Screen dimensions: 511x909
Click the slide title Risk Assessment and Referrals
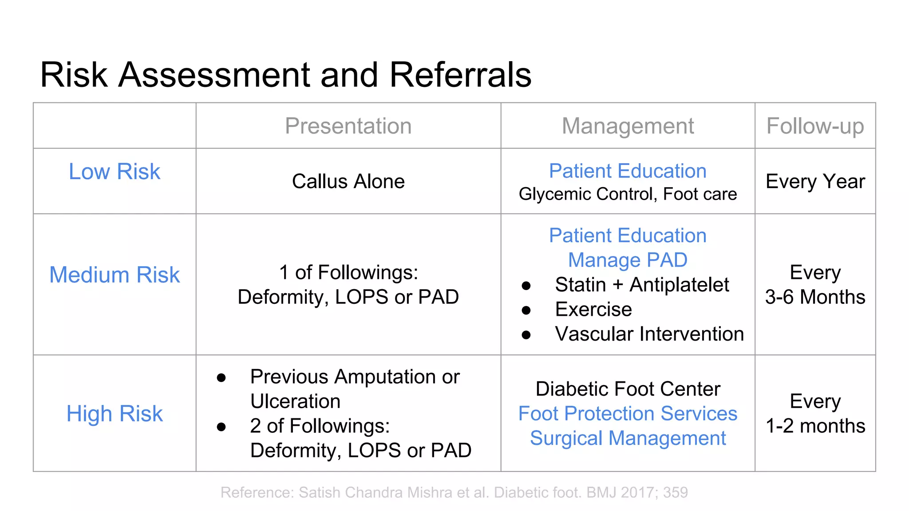285,75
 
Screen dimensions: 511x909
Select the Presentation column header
348,126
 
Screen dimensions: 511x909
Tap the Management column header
628,126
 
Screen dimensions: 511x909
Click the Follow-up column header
815,126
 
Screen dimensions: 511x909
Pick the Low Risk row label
115,172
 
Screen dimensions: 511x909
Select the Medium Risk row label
115,275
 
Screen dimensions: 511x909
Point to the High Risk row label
115,414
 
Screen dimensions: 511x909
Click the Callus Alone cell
348,181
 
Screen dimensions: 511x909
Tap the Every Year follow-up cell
815,181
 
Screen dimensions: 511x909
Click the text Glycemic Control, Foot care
628,194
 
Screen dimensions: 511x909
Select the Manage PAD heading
628,260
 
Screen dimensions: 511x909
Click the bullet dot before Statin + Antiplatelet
526,286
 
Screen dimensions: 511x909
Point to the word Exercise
593,309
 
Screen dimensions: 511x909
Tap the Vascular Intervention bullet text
649,334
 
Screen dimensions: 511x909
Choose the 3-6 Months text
815,297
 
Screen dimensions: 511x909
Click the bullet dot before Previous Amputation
221,378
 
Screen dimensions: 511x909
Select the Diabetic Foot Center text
628,389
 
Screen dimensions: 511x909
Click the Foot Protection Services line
628,414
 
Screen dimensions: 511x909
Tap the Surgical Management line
628,438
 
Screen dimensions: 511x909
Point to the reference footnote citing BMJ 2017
454,492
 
